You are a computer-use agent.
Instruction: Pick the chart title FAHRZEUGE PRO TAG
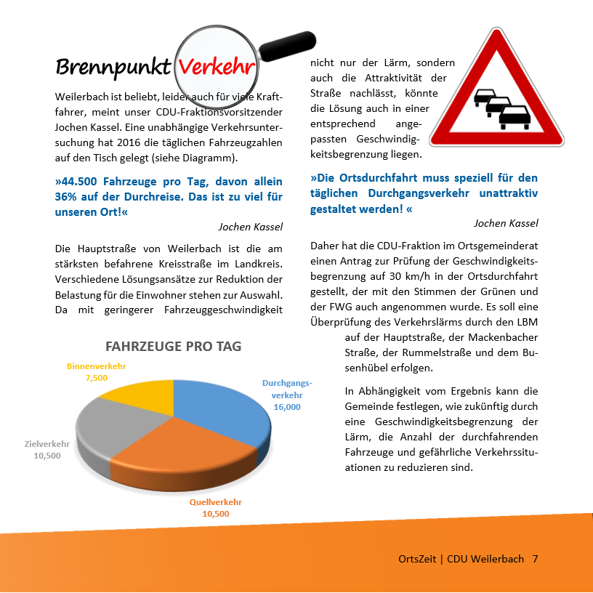click(174, 347)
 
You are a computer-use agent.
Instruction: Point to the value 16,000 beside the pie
click(287, 407)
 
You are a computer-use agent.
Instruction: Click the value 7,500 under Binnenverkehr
click(96, 378)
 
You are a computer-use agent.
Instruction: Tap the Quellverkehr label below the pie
click(216, 502)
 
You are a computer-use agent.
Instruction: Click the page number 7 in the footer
click(535, 559)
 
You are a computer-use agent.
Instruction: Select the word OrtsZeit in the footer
click(417, 559)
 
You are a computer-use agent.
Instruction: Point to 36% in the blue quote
click(66, 197)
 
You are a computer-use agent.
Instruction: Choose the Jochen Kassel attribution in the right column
click(506, 222)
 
